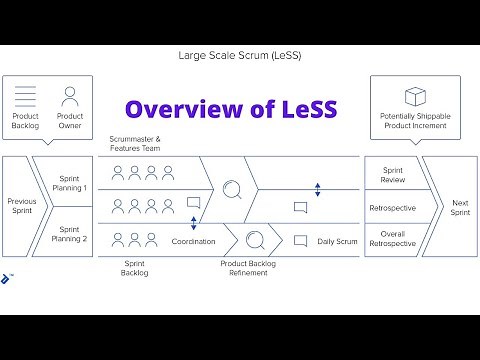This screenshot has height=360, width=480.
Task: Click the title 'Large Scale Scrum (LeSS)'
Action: click(240, 54)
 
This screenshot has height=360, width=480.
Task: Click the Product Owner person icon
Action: click(70, 96)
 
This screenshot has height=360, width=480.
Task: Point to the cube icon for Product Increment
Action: click(415, 97)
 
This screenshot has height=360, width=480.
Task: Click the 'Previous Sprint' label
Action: click(21, 205)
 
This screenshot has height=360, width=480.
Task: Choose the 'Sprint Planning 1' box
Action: click(71, 182)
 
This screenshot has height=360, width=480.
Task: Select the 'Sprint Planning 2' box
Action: click(71, 234)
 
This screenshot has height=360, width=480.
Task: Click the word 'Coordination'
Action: click(194, 241)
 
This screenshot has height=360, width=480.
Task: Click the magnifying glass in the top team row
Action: click(233, 187)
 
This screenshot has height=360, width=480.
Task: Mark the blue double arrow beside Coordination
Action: click(193, 223)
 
